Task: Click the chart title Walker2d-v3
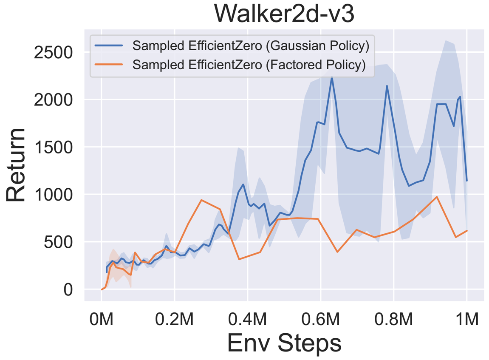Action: pyautogui.click(x=284, y=14)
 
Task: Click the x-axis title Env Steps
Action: pyautogui.click(x=284, y=343)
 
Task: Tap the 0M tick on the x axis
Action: pyautogui.click(x=102, y=319)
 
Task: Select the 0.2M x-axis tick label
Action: pyautogui.click(x=175, y=319)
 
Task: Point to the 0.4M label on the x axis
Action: pyautogui.click(x=248, y=319)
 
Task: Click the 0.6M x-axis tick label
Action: pyautogui.click(x=321, y=319)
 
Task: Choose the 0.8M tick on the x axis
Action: pyautogui.click(x=394, y=319)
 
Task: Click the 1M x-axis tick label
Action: pyautogui.click(x=466, y=319)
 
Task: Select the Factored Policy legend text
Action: pyautogui.click(x=249, y=65)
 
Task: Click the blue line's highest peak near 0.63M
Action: pyautogui.click(x=332, y=78)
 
